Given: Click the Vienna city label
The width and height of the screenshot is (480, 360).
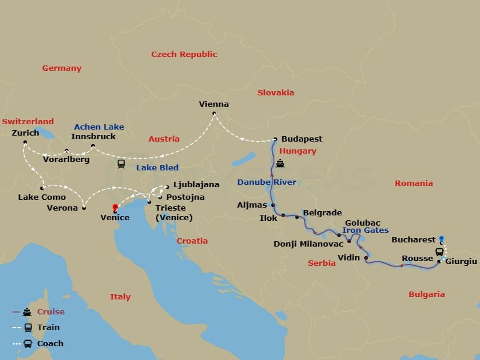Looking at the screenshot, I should pos(214,104).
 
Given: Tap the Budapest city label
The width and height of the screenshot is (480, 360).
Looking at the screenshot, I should pos(301,139).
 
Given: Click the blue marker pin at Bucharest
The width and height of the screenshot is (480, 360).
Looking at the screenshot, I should pos(442,238).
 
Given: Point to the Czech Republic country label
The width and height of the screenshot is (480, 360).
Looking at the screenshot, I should pos(184,54).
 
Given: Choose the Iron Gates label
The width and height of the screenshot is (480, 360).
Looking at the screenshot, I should pos(365,230).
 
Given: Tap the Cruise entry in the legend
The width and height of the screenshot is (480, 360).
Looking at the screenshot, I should pos(50,311).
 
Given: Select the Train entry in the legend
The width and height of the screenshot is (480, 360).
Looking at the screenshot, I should pos(48,328).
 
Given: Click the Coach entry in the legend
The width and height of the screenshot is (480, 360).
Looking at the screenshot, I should pos(50,344).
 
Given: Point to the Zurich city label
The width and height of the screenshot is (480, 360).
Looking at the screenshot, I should pos(25,133).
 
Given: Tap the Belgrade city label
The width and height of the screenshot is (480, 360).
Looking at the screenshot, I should pos(322,212).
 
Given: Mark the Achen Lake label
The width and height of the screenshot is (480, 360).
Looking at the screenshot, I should pos(99,127).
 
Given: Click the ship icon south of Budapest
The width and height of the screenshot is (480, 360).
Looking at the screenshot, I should pos(280,164).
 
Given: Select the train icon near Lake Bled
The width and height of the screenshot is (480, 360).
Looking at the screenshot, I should pos(121,163).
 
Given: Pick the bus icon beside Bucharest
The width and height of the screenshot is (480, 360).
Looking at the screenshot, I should pos(439,252).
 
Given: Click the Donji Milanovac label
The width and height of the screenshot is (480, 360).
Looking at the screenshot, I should pos(308,244).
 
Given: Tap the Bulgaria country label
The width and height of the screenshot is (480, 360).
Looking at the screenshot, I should pos(427,294).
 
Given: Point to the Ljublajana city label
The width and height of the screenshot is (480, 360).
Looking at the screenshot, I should pos(196,185).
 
